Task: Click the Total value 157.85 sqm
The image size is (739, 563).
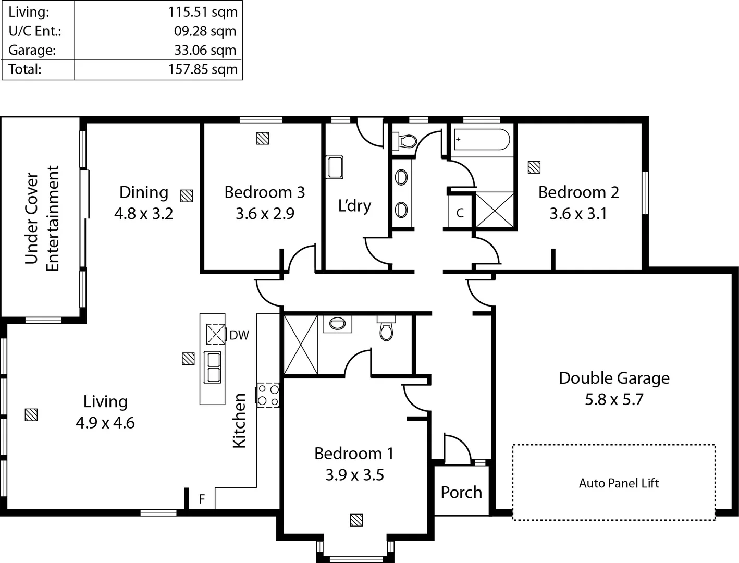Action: (x=203, y=69)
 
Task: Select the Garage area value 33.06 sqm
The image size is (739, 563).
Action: (x=205, y=50)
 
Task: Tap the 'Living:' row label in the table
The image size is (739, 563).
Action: (x=29, y=11)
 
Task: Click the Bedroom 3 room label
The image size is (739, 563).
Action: (x=264, y=192)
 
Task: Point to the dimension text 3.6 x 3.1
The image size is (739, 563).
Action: (x=578, y=214)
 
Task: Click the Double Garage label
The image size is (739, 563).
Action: (x=614, y=378)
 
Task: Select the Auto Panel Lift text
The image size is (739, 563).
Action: (x=619, y=483)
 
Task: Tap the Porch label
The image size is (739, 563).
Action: (x=461, y=492)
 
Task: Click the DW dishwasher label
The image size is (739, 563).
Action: (x=239, y=335)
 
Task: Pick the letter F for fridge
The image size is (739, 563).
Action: (x=202, y=499)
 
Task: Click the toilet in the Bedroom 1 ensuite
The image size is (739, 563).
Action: (x=386, y=329)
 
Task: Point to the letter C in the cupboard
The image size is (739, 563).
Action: (x=460, y=213)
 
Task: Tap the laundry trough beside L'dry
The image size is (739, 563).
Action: (x=334, y=167)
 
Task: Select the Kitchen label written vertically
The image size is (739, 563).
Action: (x=239, y=420)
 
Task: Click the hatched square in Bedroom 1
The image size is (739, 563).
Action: (x=356, y=520)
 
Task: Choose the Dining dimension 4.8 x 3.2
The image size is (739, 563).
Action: (x=143, y=214)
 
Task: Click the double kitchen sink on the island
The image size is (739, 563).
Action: (x=213, y=367)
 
